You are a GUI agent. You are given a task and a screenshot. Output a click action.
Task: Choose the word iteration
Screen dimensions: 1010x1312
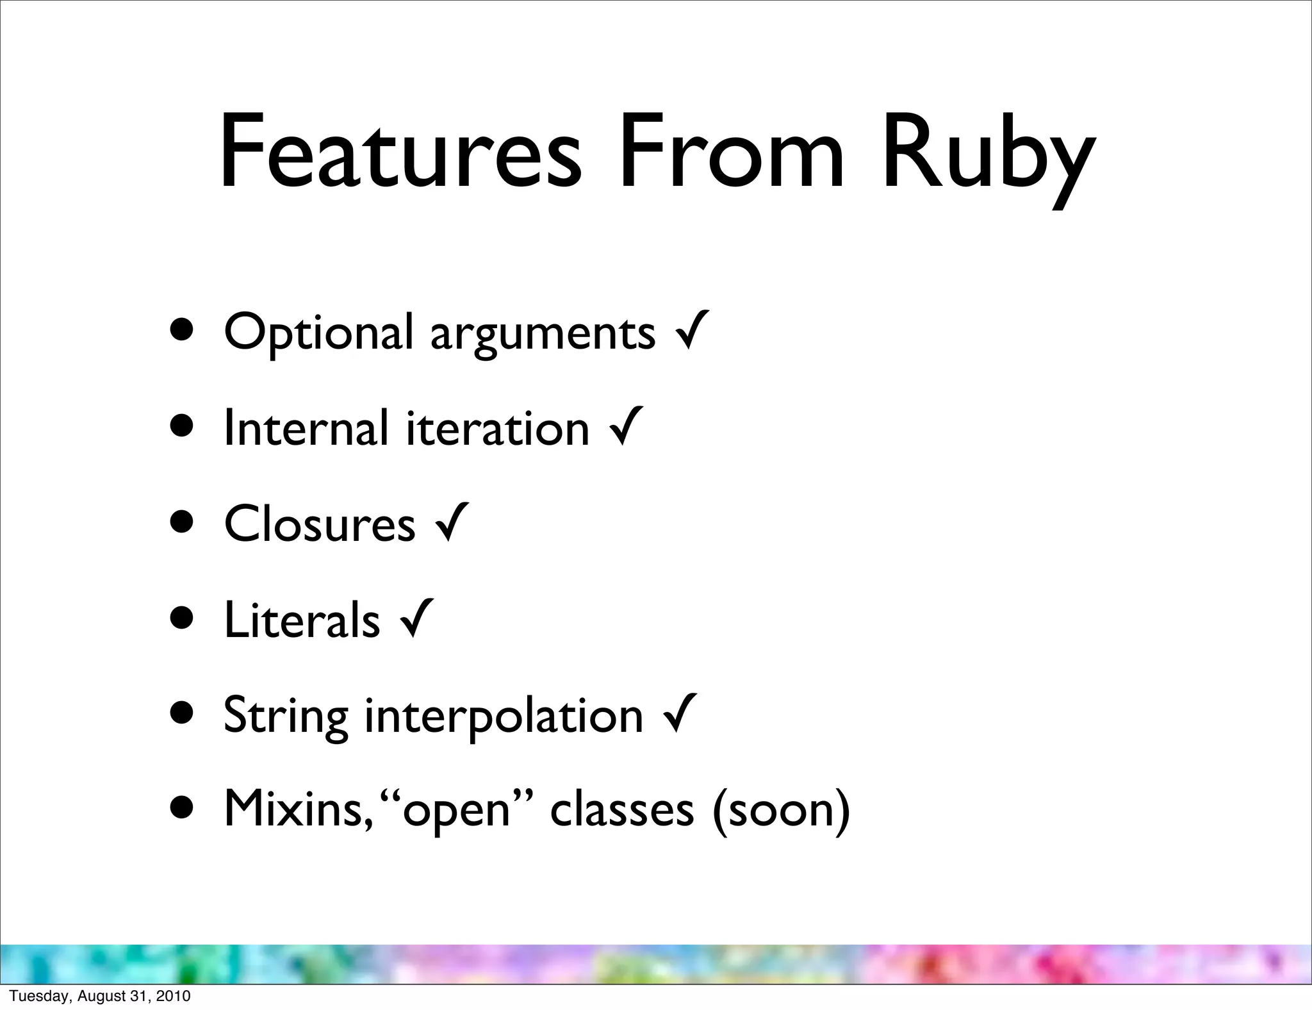498,427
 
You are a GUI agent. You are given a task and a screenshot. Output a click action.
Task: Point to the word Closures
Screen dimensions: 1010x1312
320,523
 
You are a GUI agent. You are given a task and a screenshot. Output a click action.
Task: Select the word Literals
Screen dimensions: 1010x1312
302,619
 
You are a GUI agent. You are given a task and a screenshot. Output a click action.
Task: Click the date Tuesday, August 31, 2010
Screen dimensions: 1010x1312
100,996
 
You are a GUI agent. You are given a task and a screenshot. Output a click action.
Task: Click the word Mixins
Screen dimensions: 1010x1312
294,809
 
